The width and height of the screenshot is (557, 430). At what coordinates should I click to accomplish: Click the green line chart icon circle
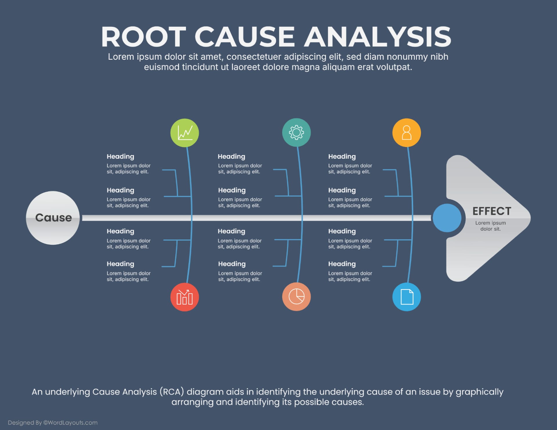click(185, 133)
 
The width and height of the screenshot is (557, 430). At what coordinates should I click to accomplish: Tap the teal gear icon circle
click(296, 133)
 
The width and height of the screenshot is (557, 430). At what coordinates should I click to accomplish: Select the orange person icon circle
click(406, 133)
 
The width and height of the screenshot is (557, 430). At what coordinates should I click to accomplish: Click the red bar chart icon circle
click(185, 297)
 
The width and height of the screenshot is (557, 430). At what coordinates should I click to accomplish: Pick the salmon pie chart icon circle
click(296, 297)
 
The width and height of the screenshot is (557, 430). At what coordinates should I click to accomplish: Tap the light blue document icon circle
click(406, 297)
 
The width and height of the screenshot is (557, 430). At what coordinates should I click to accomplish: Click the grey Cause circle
click(53, 218)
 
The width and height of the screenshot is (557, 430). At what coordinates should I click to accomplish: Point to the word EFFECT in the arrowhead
click(492, 211)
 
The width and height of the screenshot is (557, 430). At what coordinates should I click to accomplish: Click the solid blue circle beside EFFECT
click(447, 218)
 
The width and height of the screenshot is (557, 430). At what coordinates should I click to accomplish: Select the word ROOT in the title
click(143, 37)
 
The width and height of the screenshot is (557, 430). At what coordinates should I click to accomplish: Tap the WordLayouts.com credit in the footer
click(70, 422)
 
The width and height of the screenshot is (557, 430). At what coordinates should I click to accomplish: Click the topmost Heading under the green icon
click(120, 157)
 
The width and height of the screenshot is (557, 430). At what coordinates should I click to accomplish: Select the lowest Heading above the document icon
click(342, 264)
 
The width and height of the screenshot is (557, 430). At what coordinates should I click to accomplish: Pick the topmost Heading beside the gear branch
click(231, 157)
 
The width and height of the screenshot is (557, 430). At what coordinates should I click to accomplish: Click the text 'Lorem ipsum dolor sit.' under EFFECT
click(490, 226)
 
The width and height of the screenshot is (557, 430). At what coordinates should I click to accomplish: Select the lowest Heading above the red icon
click(120, 264)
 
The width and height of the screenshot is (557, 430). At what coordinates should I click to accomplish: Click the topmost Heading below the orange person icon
click(342, 157)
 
